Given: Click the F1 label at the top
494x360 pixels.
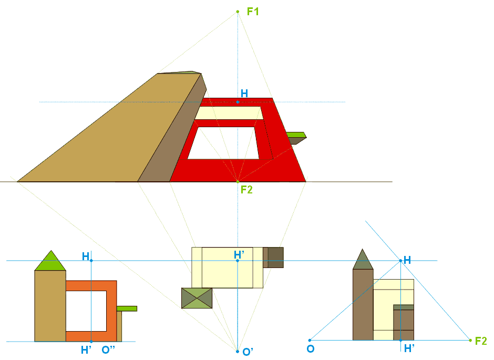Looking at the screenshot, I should click(253, 11).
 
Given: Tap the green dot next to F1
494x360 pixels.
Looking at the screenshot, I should click(238, 11).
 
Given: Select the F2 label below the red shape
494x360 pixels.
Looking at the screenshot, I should click(246, 189).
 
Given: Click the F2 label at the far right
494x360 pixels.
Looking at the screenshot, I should click(481, 341).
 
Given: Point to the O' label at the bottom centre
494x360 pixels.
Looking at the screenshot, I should click(248, 351).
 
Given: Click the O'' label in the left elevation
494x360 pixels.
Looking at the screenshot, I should click(109, 350).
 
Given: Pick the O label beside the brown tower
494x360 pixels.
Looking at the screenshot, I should click(310, 349).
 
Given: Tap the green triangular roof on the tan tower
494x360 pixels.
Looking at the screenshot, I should click(50, 262).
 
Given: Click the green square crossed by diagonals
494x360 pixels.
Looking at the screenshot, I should click(197, 298).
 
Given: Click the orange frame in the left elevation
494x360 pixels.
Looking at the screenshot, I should click(111, 310).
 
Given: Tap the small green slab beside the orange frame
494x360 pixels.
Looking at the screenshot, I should click(127, 308).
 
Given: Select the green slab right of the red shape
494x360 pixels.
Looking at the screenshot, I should click(296, 136).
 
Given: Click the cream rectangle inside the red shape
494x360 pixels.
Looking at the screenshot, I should click(230, 112).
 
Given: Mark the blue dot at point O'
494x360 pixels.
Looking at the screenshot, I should click(238, 351).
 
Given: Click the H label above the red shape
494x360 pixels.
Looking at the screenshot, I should click(244, 94).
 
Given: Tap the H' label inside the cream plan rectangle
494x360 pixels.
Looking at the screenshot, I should click(239, 254).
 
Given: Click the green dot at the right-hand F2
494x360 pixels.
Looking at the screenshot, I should click(470, 341).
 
